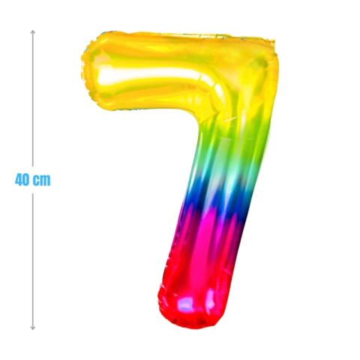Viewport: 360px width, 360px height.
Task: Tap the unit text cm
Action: click(x=42, y=180)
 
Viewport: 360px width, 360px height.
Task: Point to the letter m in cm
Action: click(x=46, y=180)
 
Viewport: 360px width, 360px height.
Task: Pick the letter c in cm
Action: click(x=38, y=180)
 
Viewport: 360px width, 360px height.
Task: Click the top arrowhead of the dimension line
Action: click(x=33, y=32)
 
